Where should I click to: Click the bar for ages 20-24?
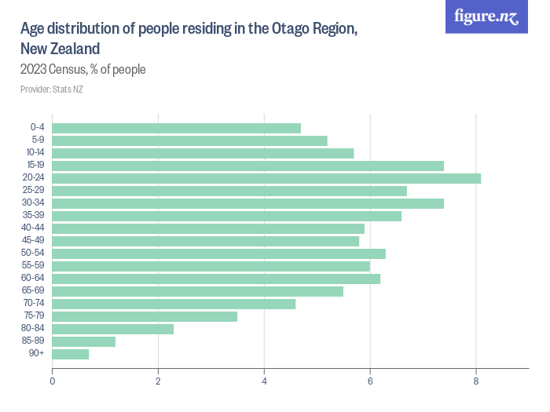266,178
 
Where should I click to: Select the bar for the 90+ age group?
71,354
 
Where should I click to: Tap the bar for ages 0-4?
177,128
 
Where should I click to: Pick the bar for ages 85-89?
84,341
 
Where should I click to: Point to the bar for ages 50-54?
219,253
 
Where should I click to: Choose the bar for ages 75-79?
145,316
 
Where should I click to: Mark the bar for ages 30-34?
248,203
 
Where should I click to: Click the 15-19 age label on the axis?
35,166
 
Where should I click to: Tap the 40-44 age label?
35,228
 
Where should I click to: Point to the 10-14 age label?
35,153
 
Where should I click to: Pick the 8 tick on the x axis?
476,381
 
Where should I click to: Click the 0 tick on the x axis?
53,381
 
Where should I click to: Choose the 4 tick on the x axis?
264,381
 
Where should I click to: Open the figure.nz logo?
487,16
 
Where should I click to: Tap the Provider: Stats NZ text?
52,89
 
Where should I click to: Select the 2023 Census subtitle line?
83,70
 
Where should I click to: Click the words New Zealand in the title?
60,49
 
